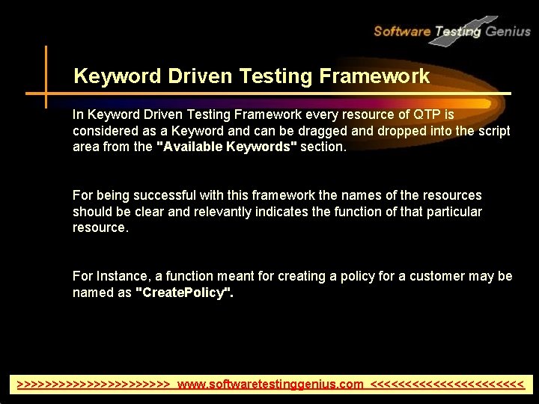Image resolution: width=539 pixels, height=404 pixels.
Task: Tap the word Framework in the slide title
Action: [374, 76]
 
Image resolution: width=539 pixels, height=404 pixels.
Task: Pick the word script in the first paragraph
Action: [495, 131]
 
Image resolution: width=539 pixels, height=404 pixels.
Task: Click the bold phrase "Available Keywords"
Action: [225, 147]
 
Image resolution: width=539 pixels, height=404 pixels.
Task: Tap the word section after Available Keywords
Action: [323, 147]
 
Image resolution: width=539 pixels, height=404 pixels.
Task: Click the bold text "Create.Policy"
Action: [184, 293]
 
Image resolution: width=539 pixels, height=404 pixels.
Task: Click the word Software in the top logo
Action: [402, 31]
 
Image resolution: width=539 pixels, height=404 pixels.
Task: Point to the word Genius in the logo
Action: [508, 31]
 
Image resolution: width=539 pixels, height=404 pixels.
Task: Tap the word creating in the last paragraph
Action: [302, 277]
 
